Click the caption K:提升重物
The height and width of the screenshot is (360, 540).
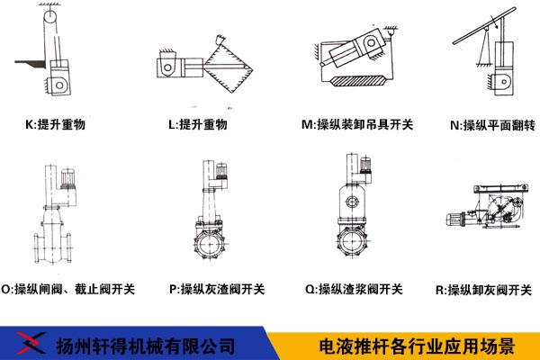(55, 124)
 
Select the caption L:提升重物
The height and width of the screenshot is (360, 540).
(198, 124)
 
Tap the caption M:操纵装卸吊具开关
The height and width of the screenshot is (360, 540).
(357, 124)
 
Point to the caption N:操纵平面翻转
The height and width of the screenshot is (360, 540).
(493, 125)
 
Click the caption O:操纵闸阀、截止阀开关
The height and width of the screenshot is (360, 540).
(67, 289)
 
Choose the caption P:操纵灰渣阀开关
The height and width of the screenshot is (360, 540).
(217, 289)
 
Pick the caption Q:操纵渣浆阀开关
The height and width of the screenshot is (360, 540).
(354, 289)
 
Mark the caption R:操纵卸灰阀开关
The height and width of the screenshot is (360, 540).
(483, 290)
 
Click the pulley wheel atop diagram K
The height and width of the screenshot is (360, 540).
(50, 16)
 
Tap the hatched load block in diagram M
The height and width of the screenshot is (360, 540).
(357, 81)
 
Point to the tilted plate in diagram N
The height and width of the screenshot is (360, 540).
(484, 26)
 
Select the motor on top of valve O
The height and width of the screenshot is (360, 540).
(67, 179)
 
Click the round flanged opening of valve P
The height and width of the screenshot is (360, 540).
(209, 245)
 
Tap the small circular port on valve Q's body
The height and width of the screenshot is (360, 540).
(351, 202)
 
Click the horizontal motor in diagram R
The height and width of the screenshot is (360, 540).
(456, 219)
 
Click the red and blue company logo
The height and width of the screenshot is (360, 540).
(31, 343)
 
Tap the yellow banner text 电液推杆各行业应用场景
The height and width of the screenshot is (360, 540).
(417, 346)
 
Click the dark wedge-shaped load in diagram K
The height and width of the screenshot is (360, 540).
(31, 64)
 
